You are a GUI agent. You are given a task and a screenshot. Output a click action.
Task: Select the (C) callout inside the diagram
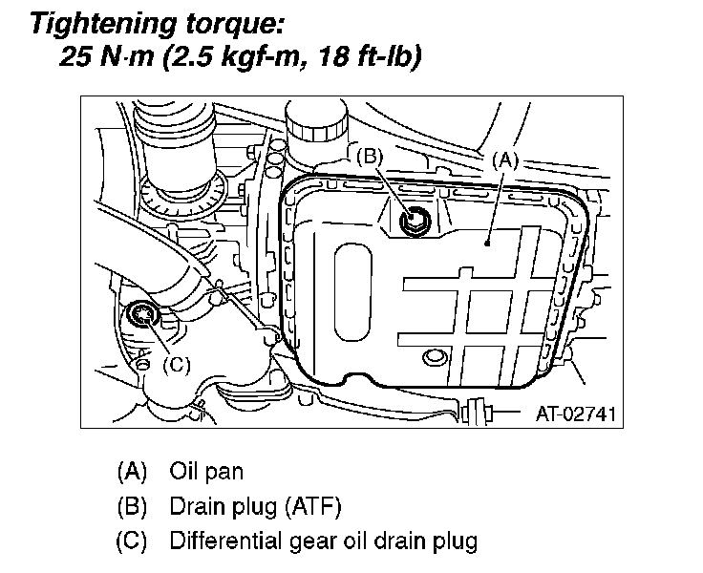tap(178, 364)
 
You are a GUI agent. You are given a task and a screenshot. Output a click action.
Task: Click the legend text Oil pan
tap(205, 471)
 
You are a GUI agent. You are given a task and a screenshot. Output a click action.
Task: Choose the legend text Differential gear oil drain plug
tap(323, 541)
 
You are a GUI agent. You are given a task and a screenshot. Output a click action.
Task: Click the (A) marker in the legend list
tap(132, 471)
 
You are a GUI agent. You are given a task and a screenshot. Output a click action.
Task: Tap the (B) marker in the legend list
tap(132, 506)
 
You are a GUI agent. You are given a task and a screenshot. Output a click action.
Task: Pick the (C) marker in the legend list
tap(132, 541)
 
